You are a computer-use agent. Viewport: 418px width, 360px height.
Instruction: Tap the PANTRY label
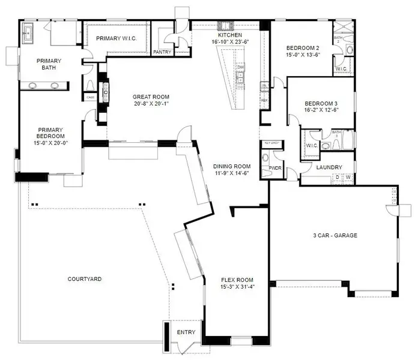tap(162, 52)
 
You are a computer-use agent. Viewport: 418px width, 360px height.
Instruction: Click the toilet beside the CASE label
tap(91, 85)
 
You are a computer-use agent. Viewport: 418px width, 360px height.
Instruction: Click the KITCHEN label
tap(230, 35)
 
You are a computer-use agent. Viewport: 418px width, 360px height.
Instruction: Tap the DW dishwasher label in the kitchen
tap(240, 67)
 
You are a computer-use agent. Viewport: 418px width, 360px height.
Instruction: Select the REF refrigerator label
tap(263, 101)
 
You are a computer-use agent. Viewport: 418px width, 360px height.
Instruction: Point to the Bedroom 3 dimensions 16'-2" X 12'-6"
tap(322, 109)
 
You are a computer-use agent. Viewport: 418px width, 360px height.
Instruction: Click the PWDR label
tap(276, 168)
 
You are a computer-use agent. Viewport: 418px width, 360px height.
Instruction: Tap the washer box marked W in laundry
tap(347, 178)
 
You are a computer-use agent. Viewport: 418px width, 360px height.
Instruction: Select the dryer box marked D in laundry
tap(338, 178)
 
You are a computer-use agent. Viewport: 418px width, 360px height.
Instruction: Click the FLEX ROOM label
tap(236, 280)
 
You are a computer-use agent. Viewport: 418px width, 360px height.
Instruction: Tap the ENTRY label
tap(185, 332)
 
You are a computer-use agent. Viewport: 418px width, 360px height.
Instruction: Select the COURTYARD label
tap(84, 279)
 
